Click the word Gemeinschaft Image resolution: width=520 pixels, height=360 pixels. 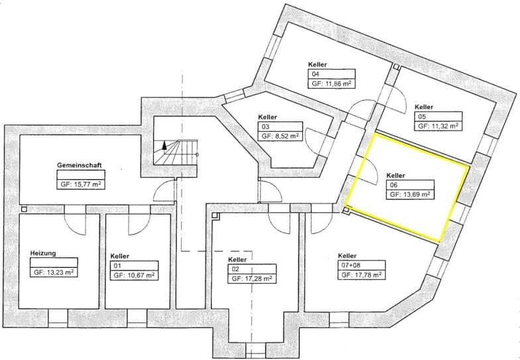pyautogui.click(x=80, y=165)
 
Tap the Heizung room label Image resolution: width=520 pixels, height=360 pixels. pyautogui.click(x=43, y=253)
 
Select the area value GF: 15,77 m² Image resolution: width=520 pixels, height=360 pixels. pyautogui.click(x=81, y=184)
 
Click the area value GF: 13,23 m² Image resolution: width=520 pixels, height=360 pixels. pyautogui.click(x=54, y=272)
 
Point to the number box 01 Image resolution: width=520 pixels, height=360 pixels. pyautogui.click(x=134, y=266)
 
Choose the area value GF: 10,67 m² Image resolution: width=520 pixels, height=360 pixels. pyautogui.click(x=134, y=276)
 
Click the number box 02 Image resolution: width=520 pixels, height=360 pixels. pyautogui.click(x=252, y=269)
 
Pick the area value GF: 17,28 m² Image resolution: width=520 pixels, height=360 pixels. pyautogui.click(x=252, y=278)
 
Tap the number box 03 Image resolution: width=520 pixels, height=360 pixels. pyautogui.click(x=280, y=127)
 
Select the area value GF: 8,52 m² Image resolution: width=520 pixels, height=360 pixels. pyautogui.click(x=280, y=137)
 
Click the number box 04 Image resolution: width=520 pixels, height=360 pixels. pyautogui.click(x=332, y=74)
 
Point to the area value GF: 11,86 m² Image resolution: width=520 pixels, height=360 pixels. pyautogui.click(x=332, y=84)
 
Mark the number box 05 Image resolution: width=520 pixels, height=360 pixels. pyautogui.click(x=438, y=117)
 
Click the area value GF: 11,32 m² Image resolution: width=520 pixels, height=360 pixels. pyautogui.click(x=438, y=126)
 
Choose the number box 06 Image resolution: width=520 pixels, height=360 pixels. pyautogui.click(x=410, y=185)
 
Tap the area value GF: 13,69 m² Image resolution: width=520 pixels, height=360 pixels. pyautogui.click(x=410, y=195)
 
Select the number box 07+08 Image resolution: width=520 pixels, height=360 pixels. pyautogui.click(x=361, y=265)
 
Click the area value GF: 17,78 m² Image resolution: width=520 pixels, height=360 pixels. pyautogui.click(x=361, y=274)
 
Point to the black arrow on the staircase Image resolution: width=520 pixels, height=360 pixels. pyautogui.click(x=164, y=146)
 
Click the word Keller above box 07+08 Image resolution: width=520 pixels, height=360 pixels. pyautogui.click(x=348, y=256)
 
